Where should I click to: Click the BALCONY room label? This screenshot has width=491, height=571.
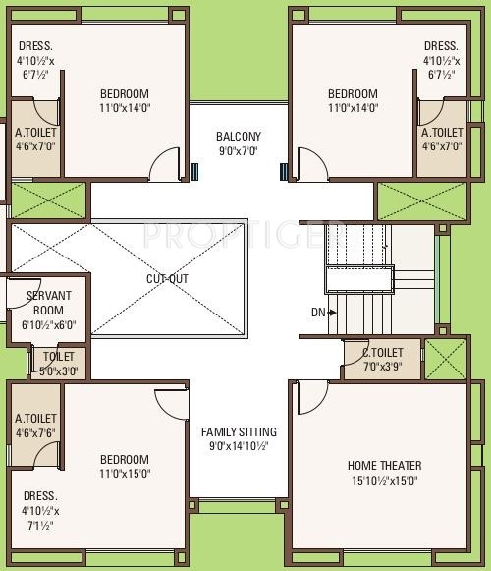tap(239, 137)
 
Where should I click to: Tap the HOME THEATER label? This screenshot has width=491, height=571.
tap(384, 466)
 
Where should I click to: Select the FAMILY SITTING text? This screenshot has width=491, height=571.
tap(239, 431)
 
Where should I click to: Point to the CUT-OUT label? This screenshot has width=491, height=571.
tap(167, 279)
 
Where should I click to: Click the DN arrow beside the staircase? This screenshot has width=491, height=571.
tap(332, 313)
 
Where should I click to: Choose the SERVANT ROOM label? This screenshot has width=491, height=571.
tap(48, 303)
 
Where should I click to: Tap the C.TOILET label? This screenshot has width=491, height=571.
tap(383, 352)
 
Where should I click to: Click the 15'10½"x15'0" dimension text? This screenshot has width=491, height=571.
tap(384, 481)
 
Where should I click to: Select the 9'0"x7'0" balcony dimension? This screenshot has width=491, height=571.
tap(239, 150)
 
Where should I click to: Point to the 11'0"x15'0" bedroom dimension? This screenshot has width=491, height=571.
tap(125, 474)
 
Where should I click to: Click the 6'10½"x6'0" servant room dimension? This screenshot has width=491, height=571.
tap(49, 324)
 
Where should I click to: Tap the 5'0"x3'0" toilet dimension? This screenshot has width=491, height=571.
tap(59, 371)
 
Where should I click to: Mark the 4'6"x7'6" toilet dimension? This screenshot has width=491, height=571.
tap(35, 433)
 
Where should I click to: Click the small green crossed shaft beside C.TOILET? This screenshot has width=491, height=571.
tap(446, 360)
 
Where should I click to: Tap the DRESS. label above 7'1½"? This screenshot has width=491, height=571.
tap(40, 496)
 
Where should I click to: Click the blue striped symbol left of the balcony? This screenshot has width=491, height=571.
tap(194, 172)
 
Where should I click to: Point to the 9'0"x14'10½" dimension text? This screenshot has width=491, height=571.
tap(239, 446)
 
